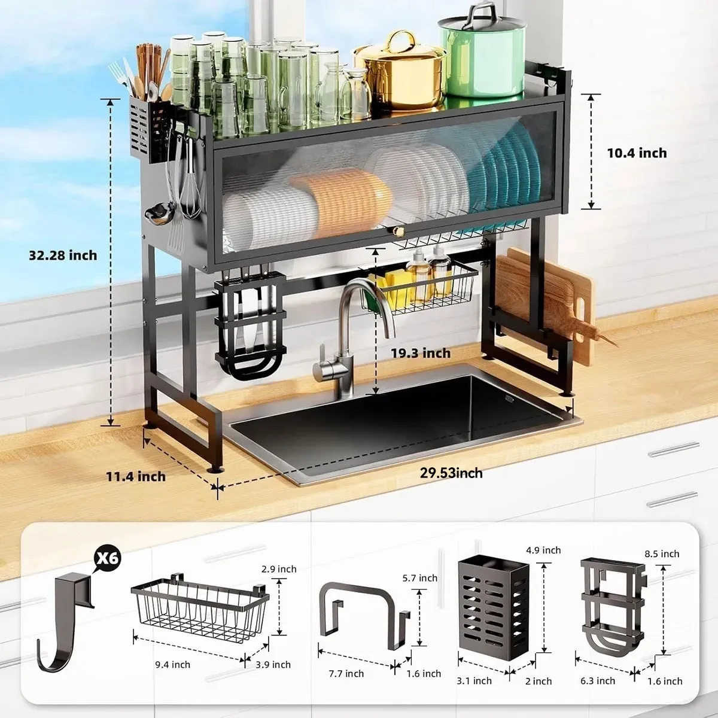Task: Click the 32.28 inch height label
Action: tap(63, 255)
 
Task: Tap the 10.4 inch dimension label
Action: tap(637, 153)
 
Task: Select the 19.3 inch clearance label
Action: tap(421, 353)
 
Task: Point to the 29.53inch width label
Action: tap(451, 473)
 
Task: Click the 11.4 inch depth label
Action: tap(136, 476)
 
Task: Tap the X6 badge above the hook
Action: tap(107, 558)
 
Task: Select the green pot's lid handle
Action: tap(482, 14)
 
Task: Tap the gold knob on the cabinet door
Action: tap(399, 232)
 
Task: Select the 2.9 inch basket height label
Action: tap(279, 569)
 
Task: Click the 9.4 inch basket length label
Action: tap(172, 664)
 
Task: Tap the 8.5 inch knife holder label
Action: tap(662, 553)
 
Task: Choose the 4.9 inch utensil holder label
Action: tap(543, 550)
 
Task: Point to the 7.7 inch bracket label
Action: tap(346, 673)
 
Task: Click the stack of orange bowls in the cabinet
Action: tap(341, 203)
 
